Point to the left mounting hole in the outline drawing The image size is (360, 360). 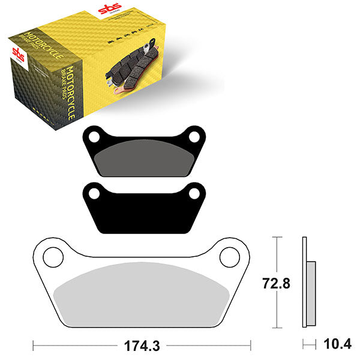[52, 256]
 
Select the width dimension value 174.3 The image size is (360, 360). [141, 346]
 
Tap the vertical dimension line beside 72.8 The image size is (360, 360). [275, 282]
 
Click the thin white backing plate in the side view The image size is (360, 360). [304, 282]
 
